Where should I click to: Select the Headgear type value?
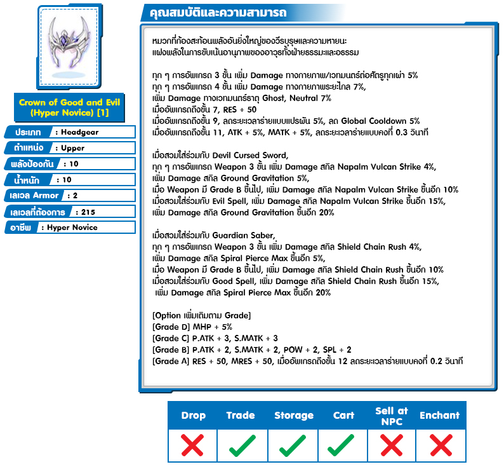pyautogui.click(x=80, y=132)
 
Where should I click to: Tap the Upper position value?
pyautogui.click(x=72, y=147)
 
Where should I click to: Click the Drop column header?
pyautogui.click(x=193, y=416)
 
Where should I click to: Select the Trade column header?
pyautogui.click(x=241, y=416)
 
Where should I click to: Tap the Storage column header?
pyautogui.click(x=294, y=416)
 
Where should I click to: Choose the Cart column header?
pyautogui.click(x=344, y=416)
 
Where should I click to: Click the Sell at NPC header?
pyautogui.click(x=392, y=416)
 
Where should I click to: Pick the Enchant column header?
pyautogui.click(x=439, y=416)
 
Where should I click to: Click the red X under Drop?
pyautogui.click(x=193, y=445)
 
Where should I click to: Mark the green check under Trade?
pyautogui.click(x=242, y=445)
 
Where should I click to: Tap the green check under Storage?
pyautogui.click(x=293, y=445)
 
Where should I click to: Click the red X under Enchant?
pyautogui.click(x=439, y=445)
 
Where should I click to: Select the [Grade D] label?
pyautogui.click(x=171, y=327)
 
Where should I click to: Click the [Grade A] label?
pyautogui.click(x=171, y=361)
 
